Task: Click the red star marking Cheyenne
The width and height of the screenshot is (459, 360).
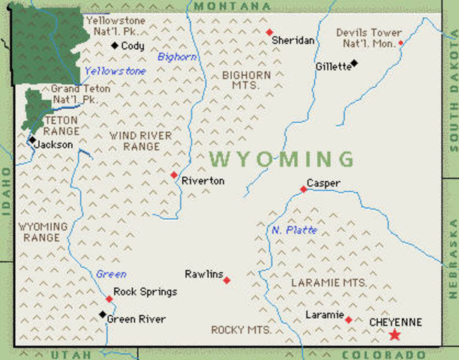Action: pyautogui.click(x=394, y=335)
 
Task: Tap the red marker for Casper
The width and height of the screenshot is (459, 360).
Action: pyautogui.click(x=304, y=189)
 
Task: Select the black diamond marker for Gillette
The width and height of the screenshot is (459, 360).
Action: pyautogui.click(x=355, y=63)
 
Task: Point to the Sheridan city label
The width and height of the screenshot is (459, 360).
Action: pyautogui.click(x=292, y=40)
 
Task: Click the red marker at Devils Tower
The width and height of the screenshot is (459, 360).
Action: pyautogui.click(x=400, y=43)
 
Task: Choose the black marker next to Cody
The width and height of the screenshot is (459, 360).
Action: pyautogui.click(x=114, y=46)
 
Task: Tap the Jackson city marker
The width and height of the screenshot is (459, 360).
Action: pyautogui.click(x=32, y=139)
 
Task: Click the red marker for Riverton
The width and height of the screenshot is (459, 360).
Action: pyautogui.click(x=174, y=175)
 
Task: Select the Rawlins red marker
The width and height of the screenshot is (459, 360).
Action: pyautogui.click(x=226, y=280)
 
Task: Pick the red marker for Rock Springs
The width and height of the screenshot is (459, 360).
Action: pyautogui.click(x=109, y=299)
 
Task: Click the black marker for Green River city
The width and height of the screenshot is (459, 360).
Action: pyautogui.click(x=103, y=314)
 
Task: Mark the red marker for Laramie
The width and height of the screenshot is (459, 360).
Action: pyautogui.click(x=348, y=319)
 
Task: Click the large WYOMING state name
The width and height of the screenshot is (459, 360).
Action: pyautogui.click(x=282, y=159)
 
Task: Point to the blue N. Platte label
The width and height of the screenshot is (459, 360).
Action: pyautogui.click(x=295, y=229)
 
